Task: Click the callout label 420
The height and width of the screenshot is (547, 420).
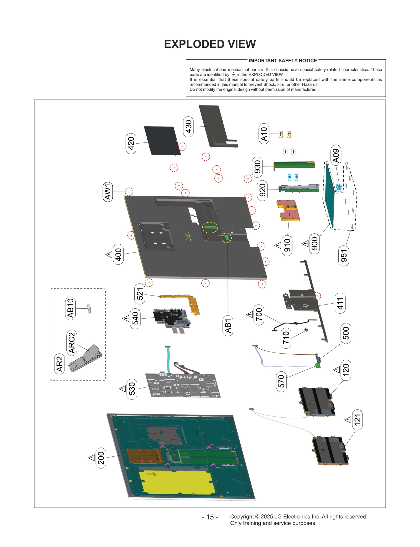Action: coord(131,143)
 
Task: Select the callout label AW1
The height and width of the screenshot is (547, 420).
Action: coord(108,192)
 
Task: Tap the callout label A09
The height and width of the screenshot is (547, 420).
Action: coord(336,155)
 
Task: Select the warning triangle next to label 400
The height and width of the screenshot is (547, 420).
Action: coord(109,254)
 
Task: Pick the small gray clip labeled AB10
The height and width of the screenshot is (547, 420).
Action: coord(89,309)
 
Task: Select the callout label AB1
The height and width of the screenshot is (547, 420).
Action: coord(228,326)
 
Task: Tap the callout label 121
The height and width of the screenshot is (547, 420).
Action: coord(357,419)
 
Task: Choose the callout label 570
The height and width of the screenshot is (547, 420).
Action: coord(281,381)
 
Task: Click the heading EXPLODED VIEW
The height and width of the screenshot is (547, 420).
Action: coord(210,44)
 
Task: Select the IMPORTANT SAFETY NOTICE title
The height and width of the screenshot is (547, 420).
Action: coord(283,61)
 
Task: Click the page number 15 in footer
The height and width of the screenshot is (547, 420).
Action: coord(210,517)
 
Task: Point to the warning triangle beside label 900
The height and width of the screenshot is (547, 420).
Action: coord(305,244)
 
